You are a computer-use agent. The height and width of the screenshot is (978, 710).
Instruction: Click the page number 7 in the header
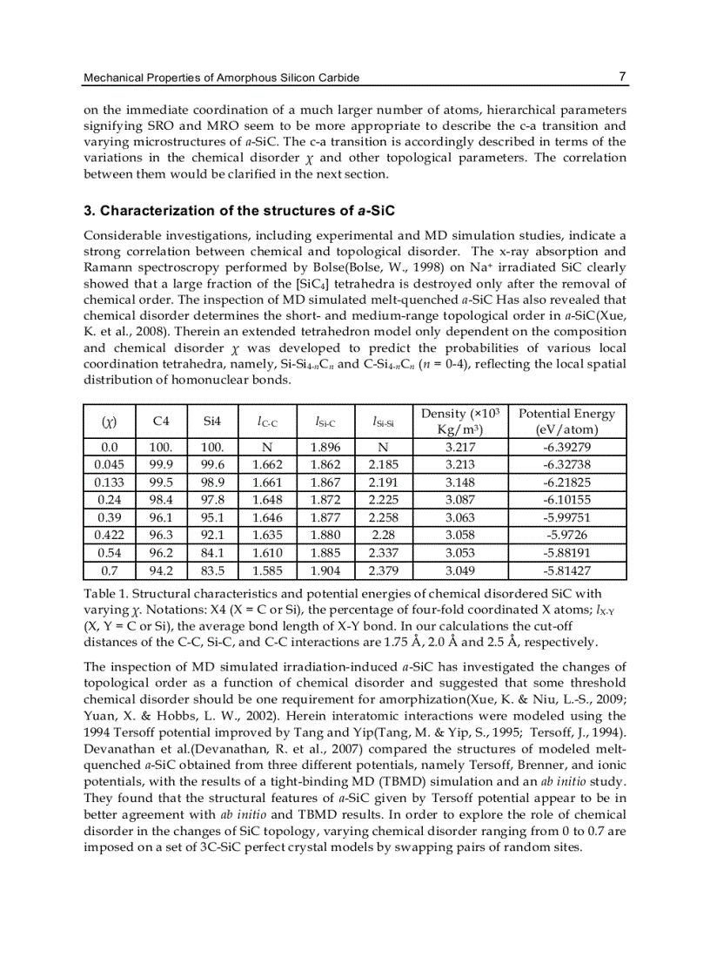point(622,77)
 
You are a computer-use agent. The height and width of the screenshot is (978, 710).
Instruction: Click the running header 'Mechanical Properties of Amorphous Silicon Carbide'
point(221,78)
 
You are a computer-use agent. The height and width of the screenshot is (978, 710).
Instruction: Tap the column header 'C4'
point(161,422)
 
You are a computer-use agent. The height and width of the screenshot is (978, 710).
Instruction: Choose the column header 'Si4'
point(212,422)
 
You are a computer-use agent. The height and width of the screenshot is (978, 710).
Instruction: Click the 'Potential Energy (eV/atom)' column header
point(566,422)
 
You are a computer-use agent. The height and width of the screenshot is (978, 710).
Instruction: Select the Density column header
point(460,422)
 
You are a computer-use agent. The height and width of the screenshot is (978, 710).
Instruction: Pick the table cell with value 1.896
point(325,448)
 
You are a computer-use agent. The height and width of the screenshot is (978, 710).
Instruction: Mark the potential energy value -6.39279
point(566,448)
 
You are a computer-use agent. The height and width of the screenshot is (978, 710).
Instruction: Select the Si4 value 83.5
point(212,571)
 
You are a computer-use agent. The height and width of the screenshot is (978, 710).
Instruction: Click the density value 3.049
point(460,571)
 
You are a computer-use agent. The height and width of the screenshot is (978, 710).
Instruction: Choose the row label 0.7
point(109,571)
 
